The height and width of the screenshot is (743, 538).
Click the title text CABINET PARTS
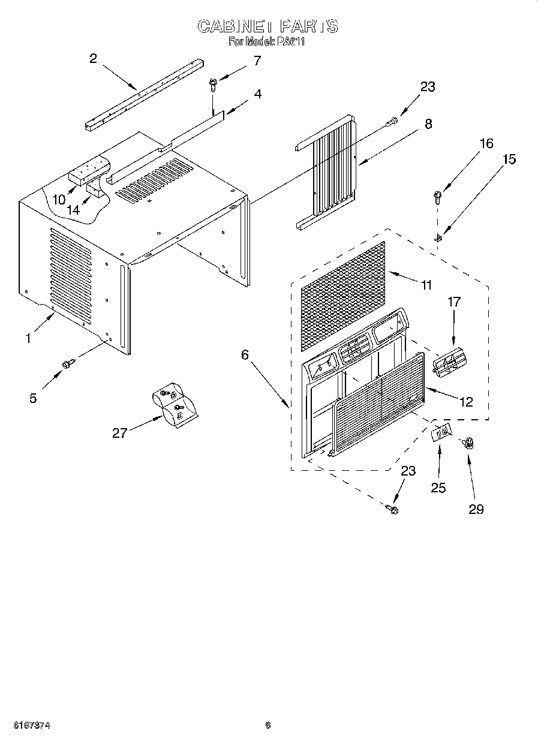pos(268,26)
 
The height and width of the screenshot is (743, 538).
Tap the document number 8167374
pos(26,725)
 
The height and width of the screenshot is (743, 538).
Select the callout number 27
pos(119,432)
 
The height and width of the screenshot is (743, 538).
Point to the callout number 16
pos(486,143)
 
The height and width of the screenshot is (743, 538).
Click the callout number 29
pos(476,509)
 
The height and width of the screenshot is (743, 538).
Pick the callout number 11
pos(426,285)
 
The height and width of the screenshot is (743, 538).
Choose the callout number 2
pos(93,58)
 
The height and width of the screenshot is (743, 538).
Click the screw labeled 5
pos(68,363)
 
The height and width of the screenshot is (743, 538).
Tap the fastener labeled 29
pos(467,444)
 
